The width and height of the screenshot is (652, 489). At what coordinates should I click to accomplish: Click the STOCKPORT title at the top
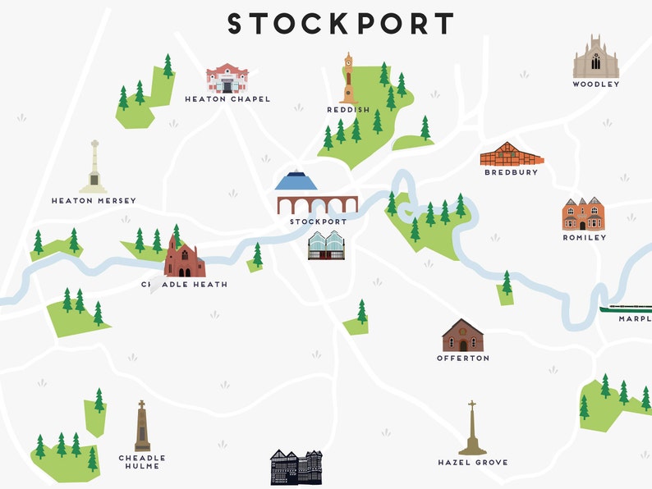click(340, 24)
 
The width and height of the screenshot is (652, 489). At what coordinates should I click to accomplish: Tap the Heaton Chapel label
click(227, 99)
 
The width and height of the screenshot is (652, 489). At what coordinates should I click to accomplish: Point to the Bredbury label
click(511, 172)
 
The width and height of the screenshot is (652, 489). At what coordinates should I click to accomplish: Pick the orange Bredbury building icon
click(511, 153)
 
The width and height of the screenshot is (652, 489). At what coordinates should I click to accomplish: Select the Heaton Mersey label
click(94, 200)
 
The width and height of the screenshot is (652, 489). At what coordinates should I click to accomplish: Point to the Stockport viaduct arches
click(318, 204)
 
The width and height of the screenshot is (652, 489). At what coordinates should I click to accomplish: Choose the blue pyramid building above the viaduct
click(296, 181)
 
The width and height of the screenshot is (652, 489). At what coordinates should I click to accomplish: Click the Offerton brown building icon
click(462, 336)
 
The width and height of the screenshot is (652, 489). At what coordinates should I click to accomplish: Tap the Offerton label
click(463, 358)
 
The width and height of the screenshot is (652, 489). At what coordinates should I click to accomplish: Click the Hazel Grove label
click(472, 463)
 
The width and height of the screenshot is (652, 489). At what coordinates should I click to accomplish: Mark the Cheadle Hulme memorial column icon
click(142, 426)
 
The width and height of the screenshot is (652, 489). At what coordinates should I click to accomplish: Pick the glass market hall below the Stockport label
click(325, 245)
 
